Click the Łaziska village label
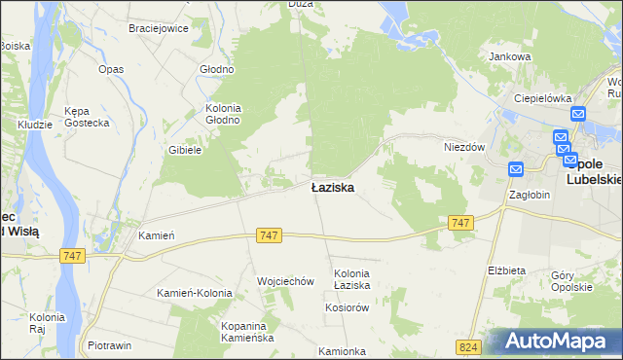pos(332,187)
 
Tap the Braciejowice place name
pos(158,28)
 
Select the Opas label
pos(111,70)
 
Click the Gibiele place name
pos(184,150)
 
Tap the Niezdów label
pos(464,147)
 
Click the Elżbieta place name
pos(506,270)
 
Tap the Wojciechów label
pos(285,281)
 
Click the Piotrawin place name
pos(110,345)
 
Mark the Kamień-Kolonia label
pos(195,293)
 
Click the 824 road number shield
pos(468,346)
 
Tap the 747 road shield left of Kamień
pos(73,256)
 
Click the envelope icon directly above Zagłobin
pos(516,169)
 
